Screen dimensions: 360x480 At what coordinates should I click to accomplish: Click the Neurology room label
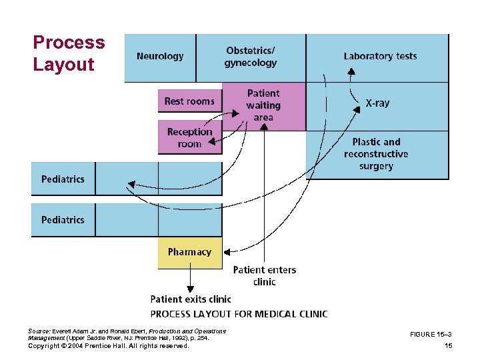(160, 57)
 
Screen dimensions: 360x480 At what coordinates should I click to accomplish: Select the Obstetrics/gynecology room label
(251, 57)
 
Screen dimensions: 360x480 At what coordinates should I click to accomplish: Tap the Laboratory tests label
(380, 56)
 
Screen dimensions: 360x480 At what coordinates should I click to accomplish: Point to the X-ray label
(377, 103)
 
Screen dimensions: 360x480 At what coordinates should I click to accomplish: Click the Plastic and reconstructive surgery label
(377, 154)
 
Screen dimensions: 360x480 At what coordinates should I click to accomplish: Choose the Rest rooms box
(189, 101)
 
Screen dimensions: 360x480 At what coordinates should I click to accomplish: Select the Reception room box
(189, 138)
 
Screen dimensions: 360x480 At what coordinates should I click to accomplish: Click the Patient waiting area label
(263, 105)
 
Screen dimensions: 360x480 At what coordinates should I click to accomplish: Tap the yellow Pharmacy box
(190, 253)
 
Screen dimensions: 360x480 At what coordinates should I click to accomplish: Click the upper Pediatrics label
(63, 179)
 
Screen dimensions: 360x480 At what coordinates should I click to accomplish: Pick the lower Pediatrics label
(63, 220)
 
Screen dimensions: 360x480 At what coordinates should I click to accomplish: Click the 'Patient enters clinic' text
(265, 276)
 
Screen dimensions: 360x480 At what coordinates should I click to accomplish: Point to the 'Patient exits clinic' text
(190, 299)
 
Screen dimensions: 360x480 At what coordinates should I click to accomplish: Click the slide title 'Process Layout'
(69, 53)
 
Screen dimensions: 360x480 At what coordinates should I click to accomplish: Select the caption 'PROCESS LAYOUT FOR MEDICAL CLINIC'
(239, 313)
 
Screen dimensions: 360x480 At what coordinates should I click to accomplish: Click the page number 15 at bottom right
(448, 346)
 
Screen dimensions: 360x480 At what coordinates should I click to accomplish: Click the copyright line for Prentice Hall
(109, 346)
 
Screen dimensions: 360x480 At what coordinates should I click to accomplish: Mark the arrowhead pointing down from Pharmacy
(190, 287)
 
